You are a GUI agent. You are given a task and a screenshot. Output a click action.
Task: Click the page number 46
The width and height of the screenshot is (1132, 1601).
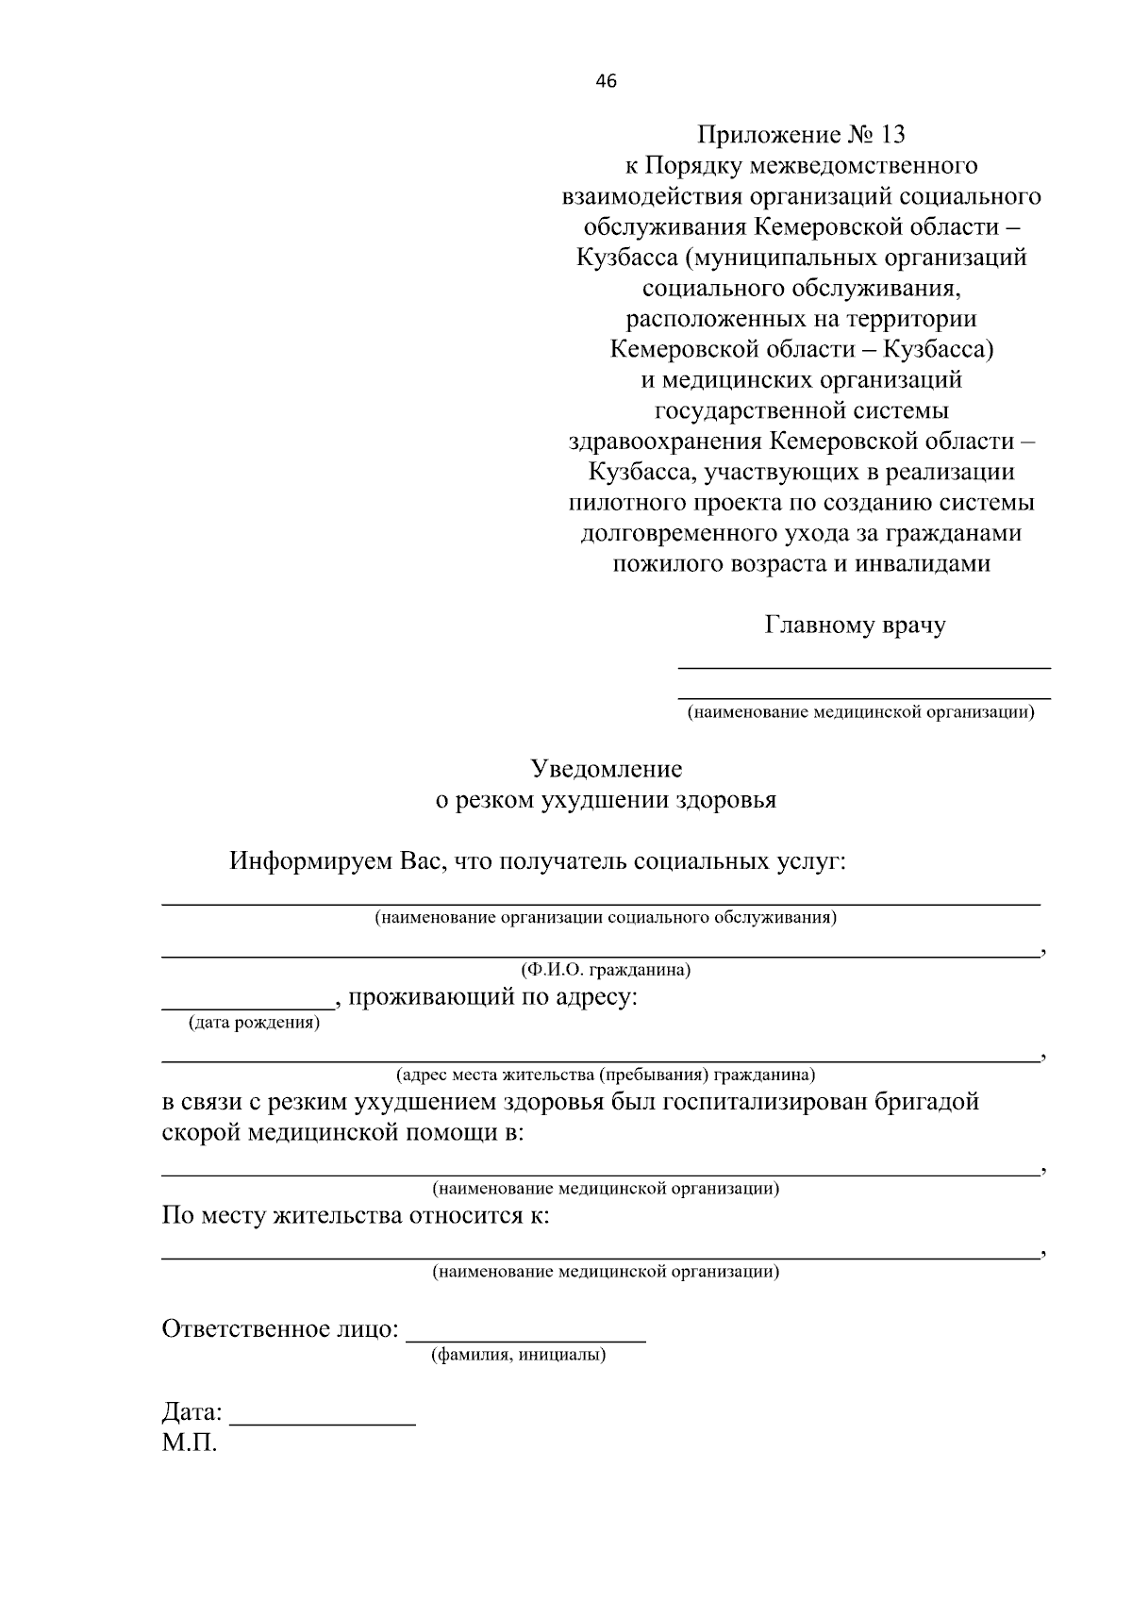tap(606, 82)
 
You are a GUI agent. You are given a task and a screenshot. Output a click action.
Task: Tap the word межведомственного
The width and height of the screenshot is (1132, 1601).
tap(862, 166)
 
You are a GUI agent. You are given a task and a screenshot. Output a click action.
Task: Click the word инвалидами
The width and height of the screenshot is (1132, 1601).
tap(923, 564)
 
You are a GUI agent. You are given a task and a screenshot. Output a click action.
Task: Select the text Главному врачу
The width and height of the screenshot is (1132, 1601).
tap(855, 625)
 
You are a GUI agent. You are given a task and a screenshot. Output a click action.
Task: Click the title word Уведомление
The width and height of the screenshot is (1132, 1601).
tap(606, 769)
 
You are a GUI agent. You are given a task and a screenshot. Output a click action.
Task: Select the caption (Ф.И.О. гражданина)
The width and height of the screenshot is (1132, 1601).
tap(606, 970)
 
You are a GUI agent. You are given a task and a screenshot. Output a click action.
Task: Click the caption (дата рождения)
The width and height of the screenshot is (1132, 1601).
tap(254, 1023)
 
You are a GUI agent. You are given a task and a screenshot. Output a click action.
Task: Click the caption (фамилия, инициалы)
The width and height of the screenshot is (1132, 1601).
tap(519, 1356)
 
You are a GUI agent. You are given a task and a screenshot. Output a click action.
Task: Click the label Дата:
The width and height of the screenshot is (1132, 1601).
tap(192, 1412)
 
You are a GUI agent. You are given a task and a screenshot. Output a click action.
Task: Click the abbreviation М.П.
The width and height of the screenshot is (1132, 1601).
tap(190, 1443)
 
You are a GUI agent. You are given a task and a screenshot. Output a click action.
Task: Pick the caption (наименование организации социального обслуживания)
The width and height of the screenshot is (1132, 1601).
tap(606, 917)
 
